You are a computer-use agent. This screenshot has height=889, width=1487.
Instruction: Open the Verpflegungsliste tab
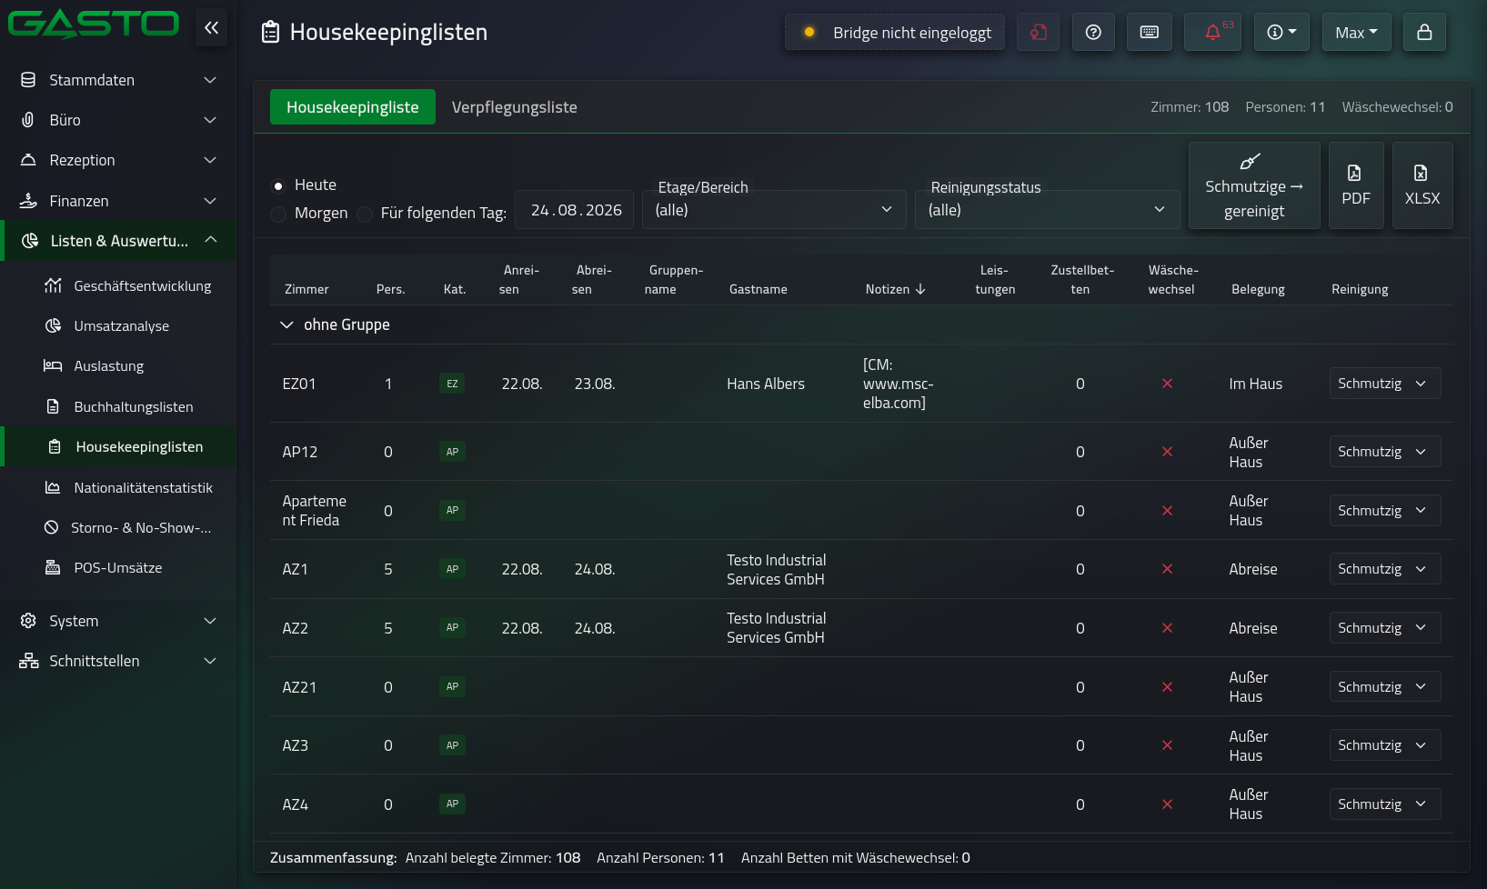tap(514, 107)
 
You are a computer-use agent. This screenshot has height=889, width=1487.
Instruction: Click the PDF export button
tap(1355, 185)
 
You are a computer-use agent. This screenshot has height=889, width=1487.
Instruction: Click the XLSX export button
tap(1422, 185)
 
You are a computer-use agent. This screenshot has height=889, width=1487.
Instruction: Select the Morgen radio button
tap(279, 214)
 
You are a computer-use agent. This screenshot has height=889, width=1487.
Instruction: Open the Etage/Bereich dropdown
tap(773, 210)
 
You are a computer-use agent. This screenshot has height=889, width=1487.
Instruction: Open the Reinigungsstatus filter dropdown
tap(1047, 210)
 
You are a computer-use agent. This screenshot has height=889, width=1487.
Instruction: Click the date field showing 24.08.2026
tap(575, 210)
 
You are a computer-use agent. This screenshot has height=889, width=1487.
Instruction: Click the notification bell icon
tap(1212, 32)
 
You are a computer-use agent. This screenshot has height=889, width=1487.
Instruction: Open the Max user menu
tap(1356, 32)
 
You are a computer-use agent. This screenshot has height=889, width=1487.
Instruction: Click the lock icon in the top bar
tap(1424, 32)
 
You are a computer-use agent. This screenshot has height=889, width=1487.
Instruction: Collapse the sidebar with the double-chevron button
tap(211, 28)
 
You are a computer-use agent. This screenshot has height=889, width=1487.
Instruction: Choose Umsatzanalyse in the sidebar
tap(122, 325)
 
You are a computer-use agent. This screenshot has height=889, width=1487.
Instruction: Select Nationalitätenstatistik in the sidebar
tap(144, 487)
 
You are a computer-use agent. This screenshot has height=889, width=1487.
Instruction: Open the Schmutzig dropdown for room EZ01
tap(1385, 384)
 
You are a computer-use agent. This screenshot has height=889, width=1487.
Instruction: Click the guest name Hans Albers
tap(766, 384)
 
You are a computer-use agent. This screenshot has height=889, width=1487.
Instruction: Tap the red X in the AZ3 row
tap(1167, 745)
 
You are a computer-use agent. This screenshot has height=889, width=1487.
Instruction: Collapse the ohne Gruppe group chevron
tap(286, 325)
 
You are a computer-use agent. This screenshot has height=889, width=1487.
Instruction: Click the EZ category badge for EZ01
tap(452, 384)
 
